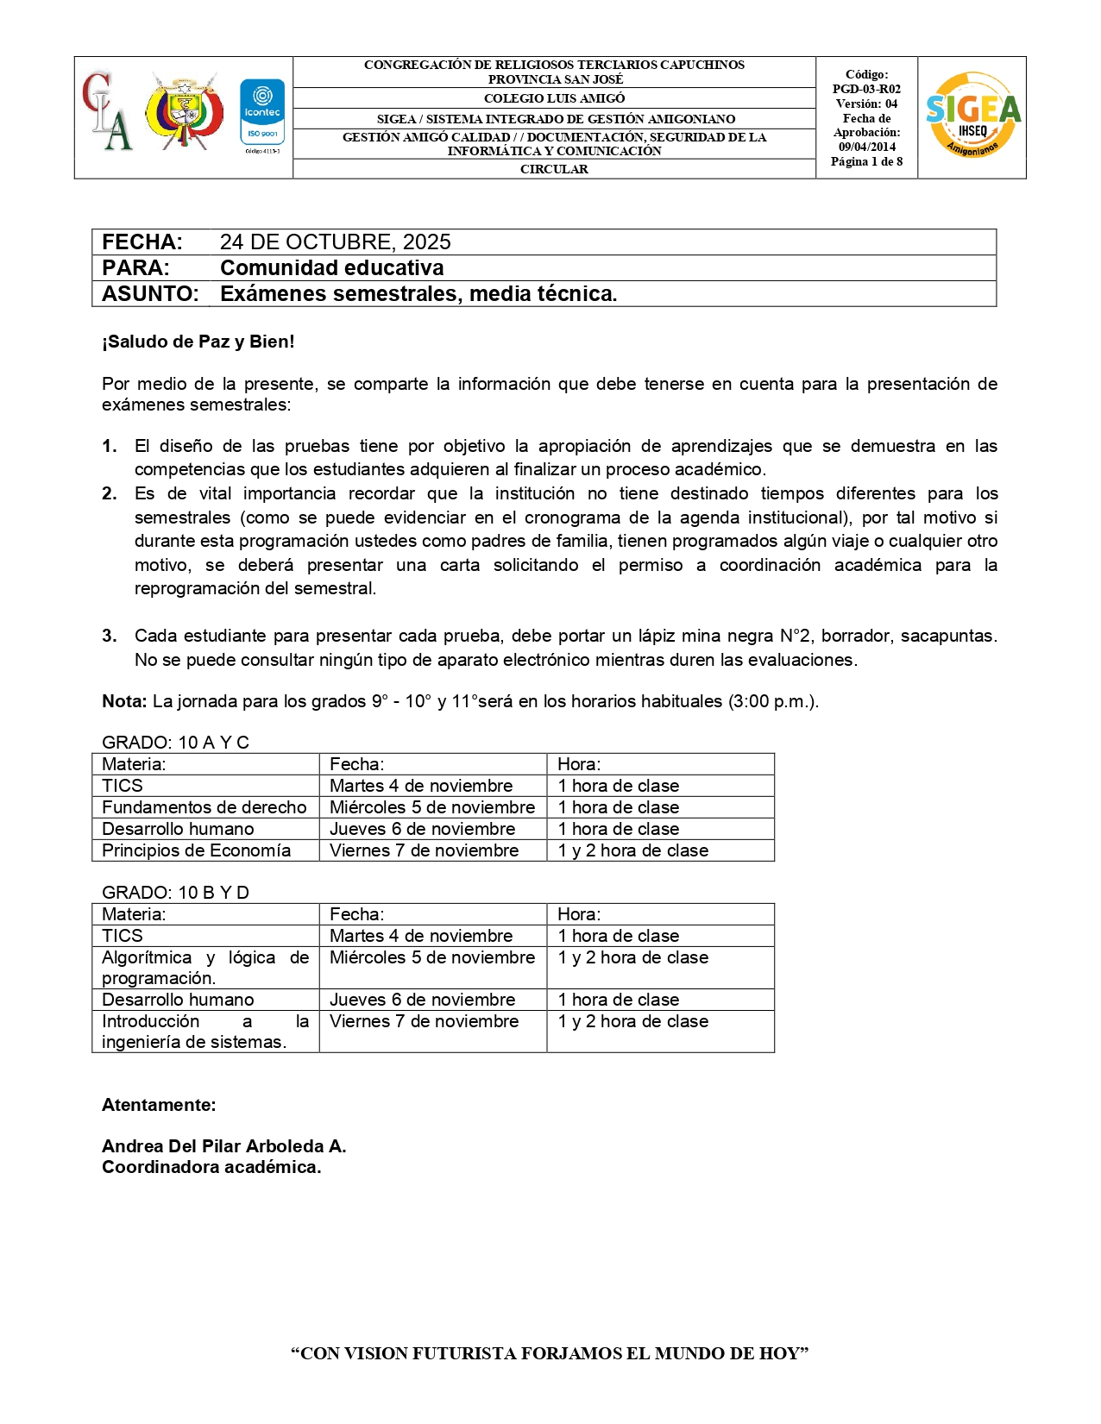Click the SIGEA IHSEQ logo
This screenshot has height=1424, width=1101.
coord(972,115)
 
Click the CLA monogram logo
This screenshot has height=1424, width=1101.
coord(107,113)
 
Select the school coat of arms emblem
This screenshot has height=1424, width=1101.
coord(184,112)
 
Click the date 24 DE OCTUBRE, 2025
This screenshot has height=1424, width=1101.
coord(335,242)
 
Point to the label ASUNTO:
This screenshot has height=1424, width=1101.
coord(150,294)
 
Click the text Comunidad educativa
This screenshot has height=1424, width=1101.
coord(331,268)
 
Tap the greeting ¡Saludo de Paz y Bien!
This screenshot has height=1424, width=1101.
coord(198,342)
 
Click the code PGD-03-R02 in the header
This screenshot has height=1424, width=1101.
coord(866,89)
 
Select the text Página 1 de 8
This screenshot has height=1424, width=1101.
coord(866,161)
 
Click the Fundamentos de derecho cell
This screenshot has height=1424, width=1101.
coord(204,807)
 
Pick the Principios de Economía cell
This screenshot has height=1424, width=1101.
coord(196,850)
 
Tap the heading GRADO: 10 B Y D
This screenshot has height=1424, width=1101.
coord(175,893)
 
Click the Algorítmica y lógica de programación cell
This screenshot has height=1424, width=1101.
coord(204,968)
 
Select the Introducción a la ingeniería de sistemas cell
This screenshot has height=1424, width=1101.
coord(204,1032)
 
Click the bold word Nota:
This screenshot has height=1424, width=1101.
coord(124,701)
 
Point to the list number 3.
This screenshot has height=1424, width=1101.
coord(110,637)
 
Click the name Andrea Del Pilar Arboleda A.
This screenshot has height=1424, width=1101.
coord(223,1146)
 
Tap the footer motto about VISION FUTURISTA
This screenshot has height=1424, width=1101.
coord(550,1353)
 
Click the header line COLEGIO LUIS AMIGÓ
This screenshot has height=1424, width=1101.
coord(554,98)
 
